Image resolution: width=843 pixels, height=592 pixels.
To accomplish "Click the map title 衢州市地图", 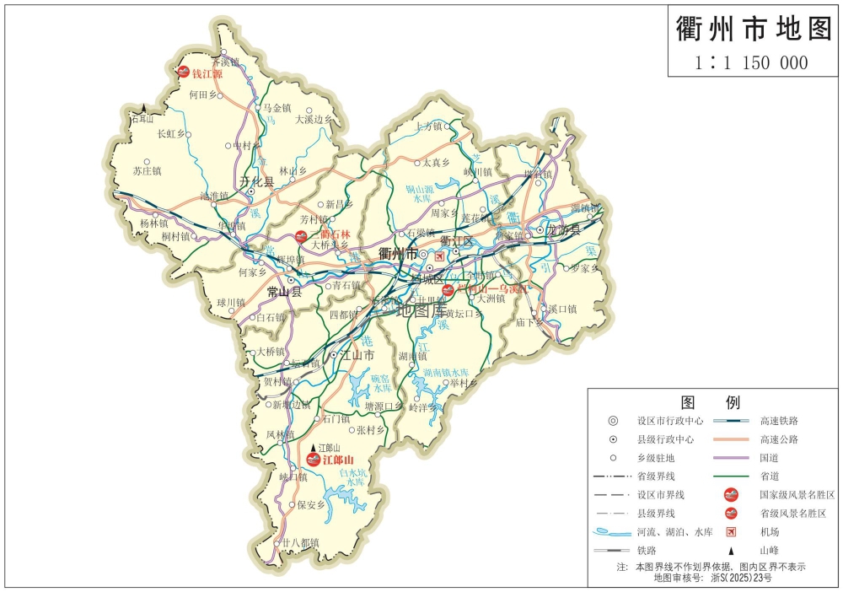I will point(754,29).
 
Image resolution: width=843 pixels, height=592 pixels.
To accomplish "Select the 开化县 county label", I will point(256,182).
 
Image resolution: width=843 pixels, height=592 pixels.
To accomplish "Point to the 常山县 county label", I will point(284,293).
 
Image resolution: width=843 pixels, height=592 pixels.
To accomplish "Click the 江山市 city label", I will point(356,355).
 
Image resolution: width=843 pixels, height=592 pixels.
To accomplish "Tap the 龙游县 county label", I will point(563,229).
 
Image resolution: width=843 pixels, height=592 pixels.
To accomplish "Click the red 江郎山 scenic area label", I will point(336,460).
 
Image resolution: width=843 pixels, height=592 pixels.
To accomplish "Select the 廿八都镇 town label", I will point(300,542).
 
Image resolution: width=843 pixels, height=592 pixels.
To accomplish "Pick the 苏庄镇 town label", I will point(147,170).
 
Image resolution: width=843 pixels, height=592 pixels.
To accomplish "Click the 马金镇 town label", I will point(277,108).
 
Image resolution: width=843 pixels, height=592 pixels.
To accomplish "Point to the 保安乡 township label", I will point(309,505).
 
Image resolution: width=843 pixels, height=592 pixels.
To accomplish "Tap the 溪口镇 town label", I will point(562,309).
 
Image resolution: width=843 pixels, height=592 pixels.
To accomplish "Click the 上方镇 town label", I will point(428,126).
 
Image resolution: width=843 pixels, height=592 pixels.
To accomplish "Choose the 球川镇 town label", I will point(230,302).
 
